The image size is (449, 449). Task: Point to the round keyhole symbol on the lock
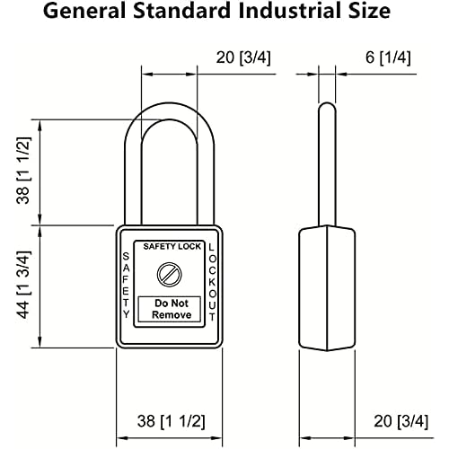click(166, 273)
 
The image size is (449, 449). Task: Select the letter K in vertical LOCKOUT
click(211, 281)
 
